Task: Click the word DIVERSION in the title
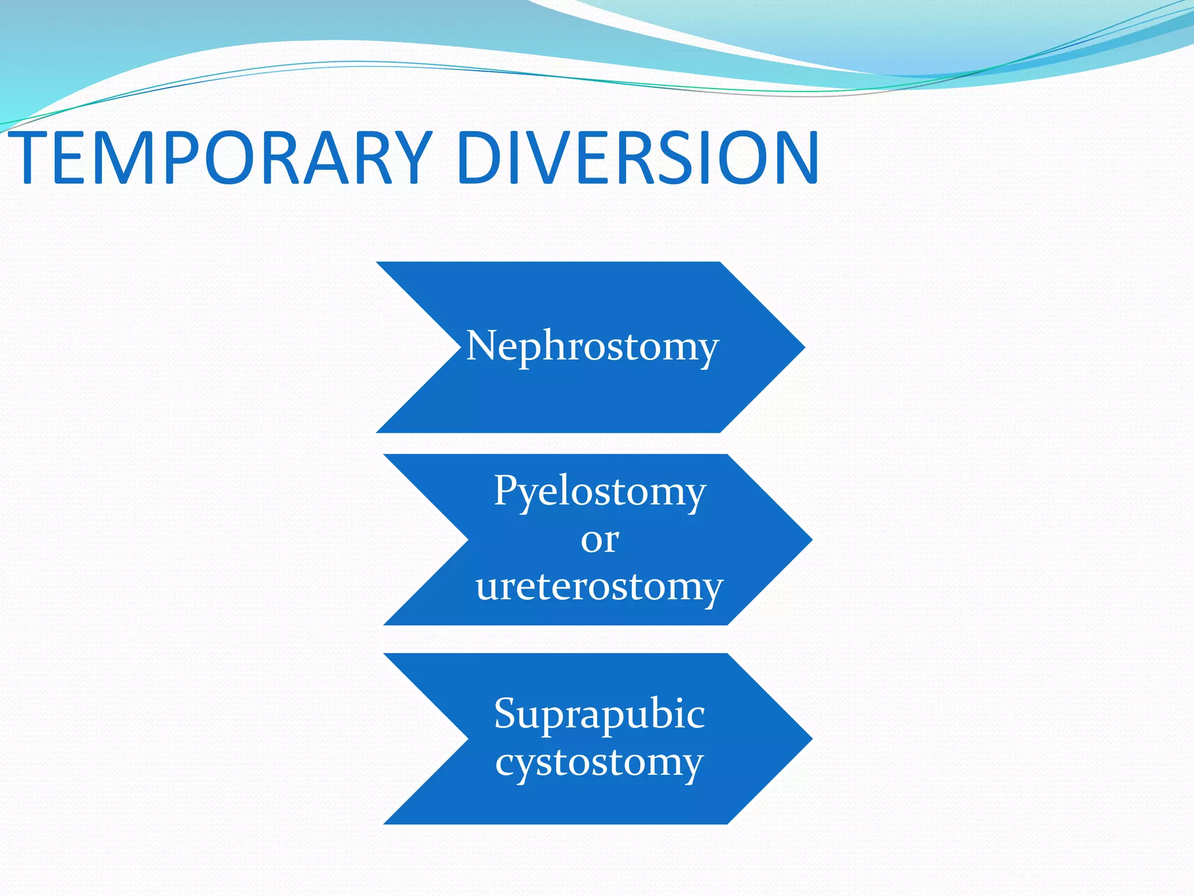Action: [638, 157]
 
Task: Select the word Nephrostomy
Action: [592, 346]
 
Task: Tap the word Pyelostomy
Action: [600, 491]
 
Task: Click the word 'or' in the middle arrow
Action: [599, 540]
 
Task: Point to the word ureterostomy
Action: [599, 586]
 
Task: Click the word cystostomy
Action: [599, 762]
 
